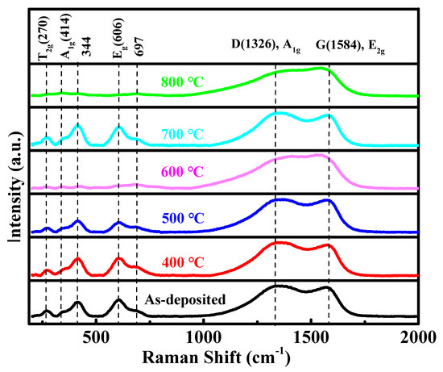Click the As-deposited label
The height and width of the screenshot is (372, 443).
(x=185, y=300)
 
